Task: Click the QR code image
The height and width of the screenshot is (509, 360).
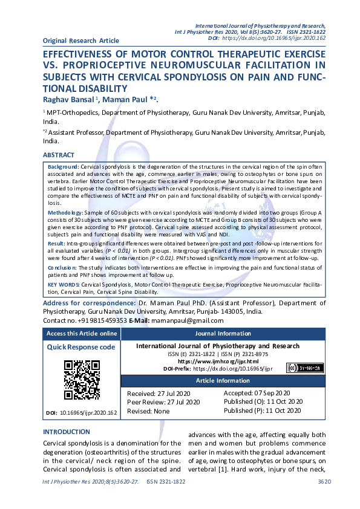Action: point(82,380)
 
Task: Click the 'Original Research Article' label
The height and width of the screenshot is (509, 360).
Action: point(80,41)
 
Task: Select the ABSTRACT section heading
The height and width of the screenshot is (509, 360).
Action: point(59,155)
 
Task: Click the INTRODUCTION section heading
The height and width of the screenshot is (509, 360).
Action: point(67,432)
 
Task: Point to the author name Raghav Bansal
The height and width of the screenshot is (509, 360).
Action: point(71,99)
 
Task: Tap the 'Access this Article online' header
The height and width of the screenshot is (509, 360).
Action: point(82,333)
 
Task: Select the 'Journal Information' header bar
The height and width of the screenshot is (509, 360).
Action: point(223,333)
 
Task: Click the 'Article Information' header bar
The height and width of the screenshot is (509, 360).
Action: point(223,380)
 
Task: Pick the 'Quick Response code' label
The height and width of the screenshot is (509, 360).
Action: point(81,347)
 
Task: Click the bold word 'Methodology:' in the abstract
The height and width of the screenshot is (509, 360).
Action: point(65,213)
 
